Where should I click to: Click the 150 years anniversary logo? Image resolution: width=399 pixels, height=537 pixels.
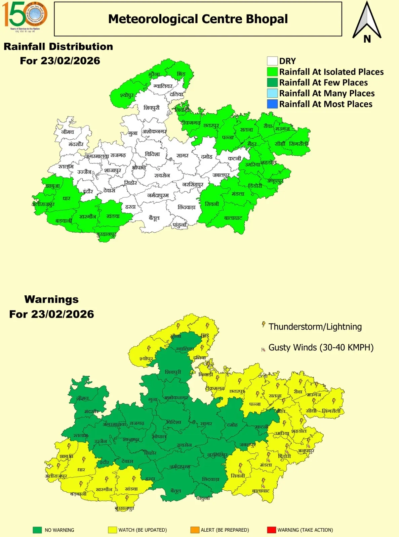pos(25,16)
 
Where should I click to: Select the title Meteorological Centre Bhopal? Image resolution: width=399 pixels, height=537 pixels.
pos(198,19)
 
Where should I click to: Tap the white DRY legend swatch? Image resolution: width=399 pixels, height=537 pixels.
pos(272,61)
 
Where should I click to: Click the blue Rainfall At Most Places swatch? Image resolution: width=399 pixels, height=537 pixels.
pos(272,104)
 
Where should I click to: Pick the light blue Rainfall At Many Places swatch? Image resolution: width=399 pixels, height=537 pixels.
pos(272,93)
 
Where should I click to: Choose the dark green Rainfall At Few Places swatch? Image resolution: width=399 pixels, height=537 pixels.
pos(272,83)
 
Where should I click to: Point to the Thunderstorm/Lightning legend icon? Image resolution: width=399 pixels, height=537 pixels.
pos(264,325)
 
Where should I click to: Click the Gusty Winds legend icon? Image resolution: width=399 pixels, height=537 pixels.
pos(263,349)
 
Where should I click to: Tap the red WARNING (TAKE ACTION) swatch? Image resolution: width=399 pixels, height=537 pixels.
pos(271,530)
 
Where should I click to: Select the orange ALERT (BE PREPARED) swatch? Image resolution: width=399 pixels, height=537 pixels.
pos(195,530)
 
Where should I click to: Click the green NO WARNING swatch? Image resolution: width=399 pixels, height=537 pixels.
pos(37,530)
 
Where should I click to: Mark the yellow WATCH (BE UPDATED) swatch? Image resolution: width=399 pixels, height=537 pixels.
pos(112,530)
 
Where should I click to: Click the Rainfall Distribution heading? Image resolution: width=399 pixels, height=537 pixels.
pos(58,47)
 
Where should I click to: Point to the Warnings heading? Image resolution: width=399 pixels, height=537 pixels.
pos(51,299)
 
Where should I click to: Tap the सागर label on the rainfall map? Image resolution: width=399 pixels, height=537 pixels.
pos(183,155)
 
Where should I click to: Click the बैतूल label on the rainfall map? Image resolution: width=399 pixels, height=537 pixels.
pos(154,218)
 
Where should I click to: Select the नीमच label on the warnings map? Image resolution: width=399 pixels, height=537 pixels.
pos(82,398)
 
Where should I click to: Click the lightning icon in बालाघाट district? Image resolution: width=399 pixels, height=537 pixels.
pos(264,481)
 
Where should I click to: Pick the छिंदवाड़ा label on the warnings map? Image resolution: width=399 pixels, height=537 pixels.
pos(211,479)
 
